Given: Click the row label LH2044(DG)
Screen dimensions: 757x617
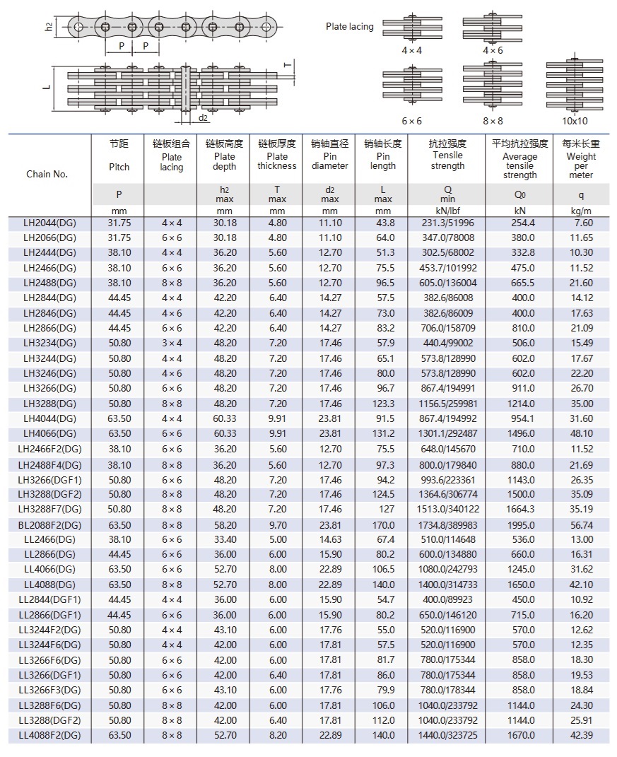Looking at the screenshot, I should pos(49,223).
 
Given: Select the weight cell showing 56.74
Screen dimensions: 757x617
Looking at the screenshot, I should pos(581,524).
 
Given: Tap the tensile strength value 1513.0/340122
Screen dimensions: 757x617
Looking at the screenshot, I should pos(448,509).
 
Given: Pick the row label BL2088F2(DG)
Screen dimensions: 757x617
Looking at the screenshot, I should pos(49,524).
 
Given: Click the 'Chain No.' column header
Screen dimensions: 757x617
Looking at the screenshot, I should pos(47,174).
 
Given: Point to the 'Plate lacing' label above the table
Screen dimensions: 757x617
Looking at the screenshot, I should pos(349,26).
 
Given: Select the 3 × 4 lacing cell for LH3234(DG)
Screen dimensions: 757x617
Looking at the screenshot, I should pos(172,343).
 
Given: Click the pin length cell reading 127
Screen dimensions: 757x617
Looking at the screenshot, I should pos(383,509).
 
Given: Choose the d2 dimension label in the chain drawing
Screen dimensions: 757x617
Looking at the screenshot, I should pos(203,117).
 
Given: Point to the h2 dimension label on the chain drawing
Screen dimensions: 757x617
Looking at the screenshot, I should pos(49,27).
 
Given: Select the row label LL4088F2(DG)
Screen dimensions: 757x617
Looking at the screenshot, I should pos(49,735).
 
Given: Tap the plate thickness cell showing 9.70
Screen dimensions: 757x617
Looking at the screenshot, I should pos(277,524).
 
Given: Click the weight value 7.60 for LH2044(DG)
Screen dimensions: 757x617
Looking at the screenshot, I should pos(581,223).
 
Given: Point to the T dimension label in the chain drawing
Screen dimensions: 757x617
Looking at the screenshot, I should pos(287,64).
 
